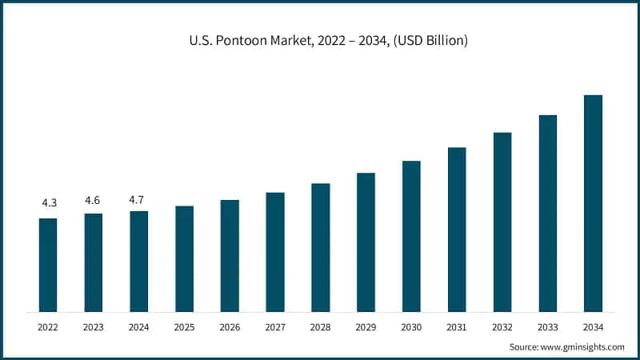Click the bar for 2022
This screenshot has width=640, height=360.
pyautogui.click(x=48, y=265)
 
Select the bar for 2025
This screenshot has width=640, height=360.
pyautogui.click(x=184, y=258)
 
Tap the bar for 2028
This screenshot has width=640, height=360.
pyautogui.click(x=320, y=247)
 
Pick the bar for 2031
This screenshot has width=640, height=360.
pyautogui.click(x=457, y=230)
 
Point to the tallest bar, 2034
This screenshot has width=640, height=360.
pyautogui.click(x=593, y=203)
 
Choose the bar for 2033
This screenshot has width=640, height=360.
pyautogui.click(x=547, y=213)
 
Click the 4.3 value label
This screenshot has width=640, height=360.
pyautogui.click(x=48, y=204)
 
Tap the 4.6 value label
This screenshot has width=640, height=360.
pyautogui.click(x=94, y=199)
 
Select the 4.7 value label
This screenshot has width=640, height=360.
pyautogui.click(x=138, y=197)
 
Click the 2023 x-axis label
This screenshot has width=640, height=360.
pyautogui.click(x=94, y=326)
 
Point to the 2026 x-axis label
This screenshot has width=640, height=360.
pyautogui.click(x=230, y=326)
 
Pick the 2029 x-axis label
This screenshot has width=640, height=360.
pyautogui.click(x=366, y=326)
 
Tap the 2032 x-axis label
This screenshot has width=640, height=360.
pyautogui.click(x=502, y=326)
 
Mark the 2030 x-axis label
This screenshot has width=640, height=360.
pyautogui.click(x=411, y=326)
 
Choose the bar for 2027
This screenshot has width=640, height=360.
pyautogui.click(x=275, y=252)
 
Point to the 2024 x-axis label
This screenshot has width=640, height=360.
pyautogui.click(x=138, y=326)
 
